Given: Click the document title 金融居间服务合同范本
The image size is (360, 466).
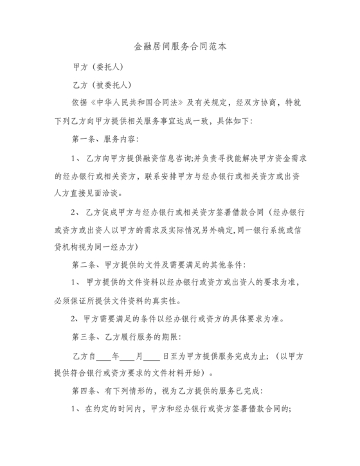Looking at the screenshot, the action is coord(179,47).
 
